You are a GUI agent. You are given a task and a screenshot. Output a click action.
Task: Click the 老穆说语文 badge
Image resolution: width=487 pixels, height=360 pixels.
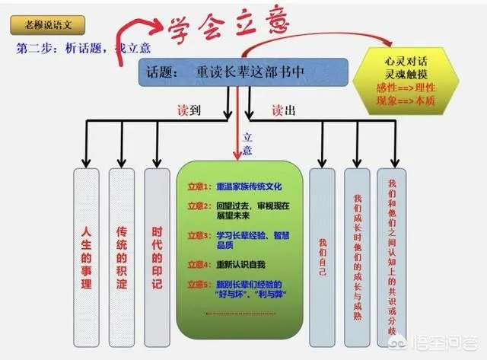point(45,24)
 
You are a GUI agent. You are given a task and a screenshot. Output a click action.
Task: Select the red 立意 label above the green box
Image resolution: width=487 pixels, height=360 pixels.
point(247,144)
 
